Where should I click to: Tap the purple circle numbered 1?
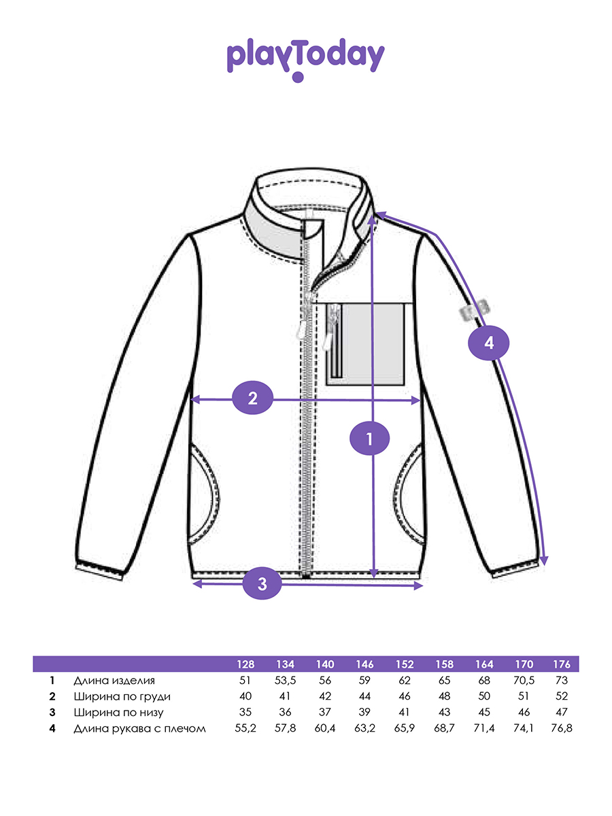[369, 439]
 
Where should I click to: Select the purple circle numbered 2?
[252, 399]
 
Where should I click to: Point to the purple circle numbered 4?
[488, 343]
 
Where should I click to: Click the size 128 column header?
[245, 664]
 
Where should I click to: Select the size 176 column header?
[562, 664]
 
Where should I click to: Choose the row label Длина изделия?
[114, 680]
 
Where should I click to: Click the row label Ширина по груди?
[122, 696]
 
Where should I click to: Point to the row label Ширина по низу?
[118, 713]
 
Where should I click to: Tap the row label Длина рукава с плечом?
[139, 729]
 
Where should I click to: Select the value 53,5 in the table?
[284, 680]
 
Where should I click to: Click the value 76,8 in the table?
[562, 729]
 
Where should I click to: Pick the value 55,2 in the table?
[245, 729]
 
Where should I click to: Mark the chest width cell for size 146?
[364, 696]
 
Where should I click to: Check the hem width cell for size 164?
[484, 713]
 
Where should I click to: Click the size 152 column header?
[405, 664]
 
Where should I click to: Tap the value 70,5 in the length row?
[523, 680]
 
